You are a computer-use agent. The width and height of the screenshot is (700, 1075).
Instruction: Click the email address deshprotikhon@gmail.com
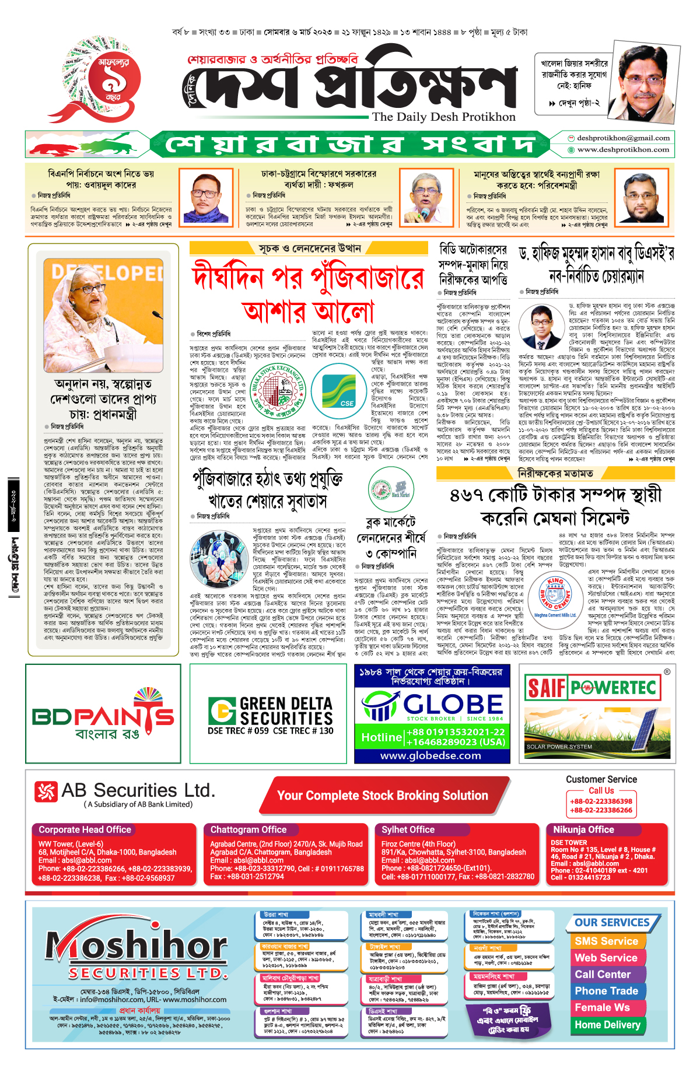(623, 138)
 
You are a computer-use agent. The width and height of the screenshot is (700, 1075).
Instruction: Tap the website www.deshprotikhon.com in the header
(623, 150)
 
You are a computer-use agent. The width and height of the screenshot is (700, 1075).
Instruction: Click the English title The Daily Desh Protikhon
(444, 117)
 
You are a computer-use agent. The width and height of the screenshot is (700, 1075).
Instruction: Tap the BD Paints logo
(103, 715)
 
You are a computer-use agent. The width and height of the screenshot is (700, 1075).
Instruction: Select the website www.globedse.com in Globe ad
(431, 755)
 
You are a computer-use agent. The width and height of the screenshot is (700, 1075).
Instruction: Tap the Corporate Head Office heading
(85, 829)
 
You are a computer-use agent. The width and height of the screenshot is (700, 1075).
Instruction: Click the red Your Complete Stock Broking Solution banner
(382, 796)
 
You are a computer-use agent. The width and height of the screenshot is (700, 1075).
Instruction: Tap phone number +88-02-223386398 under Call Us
(601, 801)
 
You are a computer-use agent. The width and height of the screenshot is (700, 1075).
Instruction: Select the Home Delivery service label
(607, 1025)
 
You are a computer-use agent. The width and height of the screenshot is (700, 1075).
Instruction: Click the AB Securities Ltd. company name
(138, 791)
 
